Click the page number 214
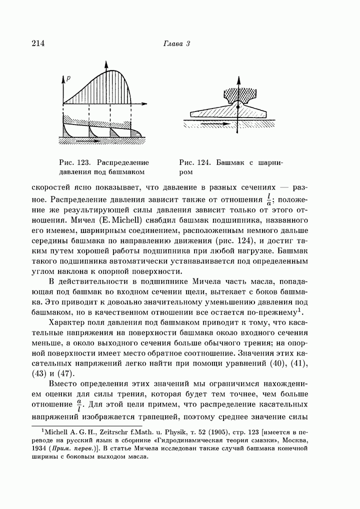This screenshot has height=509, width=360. point(38,43)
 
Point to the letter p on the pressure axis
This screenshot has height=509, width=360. point(68,78)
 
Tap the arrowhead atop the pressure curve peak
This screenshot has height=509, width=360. point(106,64)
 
